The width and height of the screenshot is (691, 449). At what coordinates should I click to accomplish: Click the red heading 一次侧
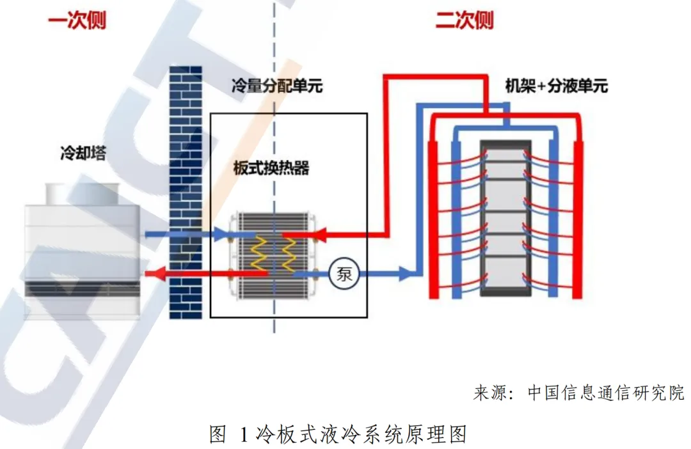(x=77, y=20)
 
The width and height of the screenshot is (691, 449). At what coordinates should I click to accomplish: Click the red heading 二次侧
(x=465, y=20)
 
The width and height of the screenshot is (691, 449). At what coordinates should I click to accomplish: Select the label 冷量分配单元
(x=277, y=85)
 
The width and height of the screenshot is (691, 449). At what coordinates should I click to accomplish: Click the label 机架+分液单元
(x=556, y=85)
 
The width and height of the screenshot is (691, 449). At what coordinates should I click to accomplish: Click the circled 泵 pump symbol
(x=344, y=274)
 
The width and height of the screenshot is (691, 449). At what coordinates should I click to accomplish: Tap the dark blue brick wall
(x=186, y=192)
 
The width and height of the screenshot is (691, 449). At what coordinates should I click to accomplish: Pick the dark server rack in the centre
(x=505, y=217)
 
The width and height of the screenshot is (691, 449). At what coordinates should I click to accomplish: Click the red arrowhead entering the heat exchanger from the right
(x=318, y=235)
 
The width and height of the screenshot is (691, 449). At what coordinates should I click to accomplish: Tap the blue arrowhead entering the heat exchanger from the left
(x=225, y=235)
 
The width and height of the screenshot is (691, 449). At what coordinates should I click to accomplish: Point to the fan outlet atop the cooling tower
(x=82, y=191)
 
